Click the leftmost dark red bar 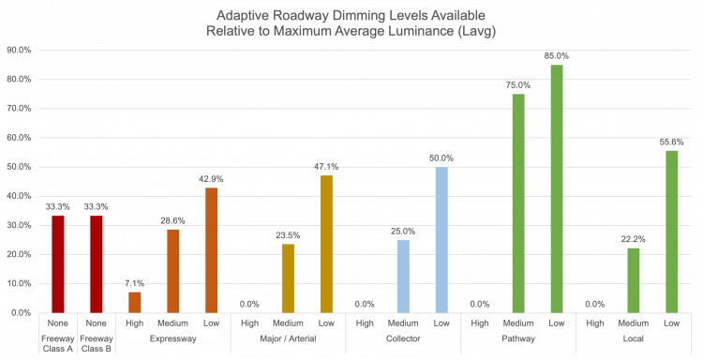[x=58, y=263]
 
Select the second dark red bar [x=96, y=263]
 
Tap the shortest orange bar [x=135, y=302]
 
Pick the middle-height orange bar [x=173, y=271]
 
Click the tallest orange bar [x=212, y=250]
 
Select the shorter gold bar [x=288, y=278]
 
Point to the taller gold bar [x=326, y=244]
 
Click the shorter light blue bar [x=402, y=276]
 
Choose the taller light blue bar [x=441, y=240]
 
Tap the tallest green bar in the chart [x=556, y=188]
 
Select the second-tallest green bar [x=517, y=202]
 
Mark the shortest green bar [x=633, y=279]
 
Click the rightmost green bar [x=671, y=232]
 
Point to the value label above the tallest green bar [x=556, y=58]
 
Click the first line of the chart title [x=351, y=16]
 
